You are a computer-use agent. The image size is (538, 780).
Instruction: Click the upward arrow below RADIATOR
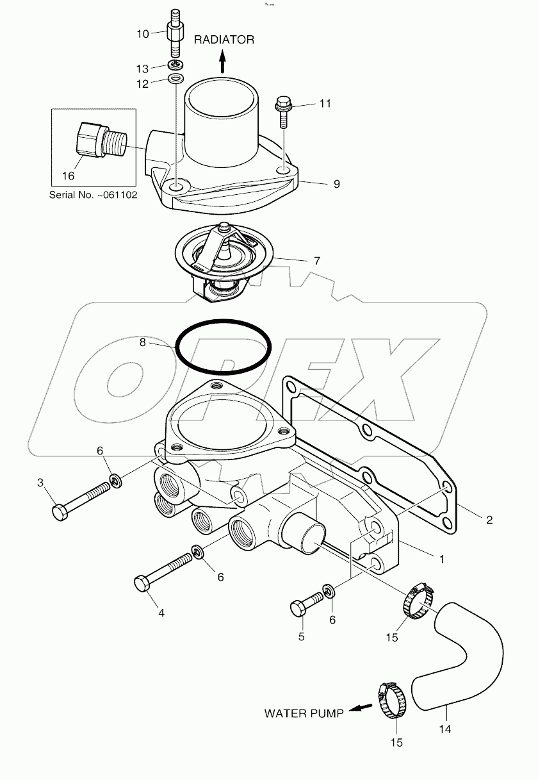[x=222, y=62]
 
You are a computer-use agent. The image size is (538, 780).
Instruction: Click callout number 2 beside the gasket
[x=489, y=520]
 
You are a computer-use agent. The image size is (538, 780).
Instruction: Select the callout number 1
[x=441, y=558]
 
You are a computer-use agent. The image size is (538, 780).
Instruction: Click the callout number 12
[x=143, y=84]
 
